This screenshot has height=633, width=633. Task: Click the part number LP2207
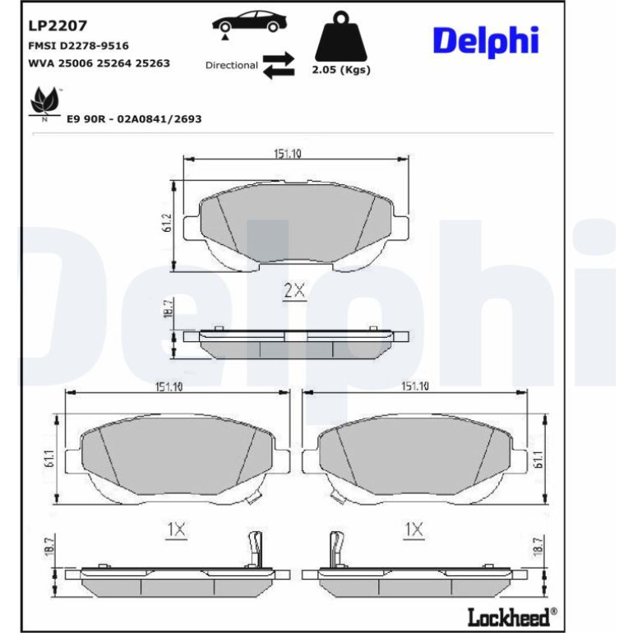[58, 25]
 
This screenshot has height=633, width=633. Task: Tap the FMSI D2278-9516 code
[78, 45]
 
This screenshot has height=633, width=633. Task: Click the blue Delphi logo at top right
[486, 41]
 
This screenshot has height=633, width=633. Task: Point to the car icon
[249, 23]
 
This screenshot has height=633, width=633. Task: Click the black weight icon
[341, 36]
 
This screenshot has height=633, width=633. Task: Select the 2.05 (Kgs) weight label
[341, 70]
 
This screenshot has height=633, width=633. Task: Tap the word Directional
[231, 66]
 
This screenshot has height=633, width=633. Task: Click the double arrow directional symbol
[279, 66]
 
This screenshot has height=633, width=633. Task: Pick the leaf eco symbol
[45, 103]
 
